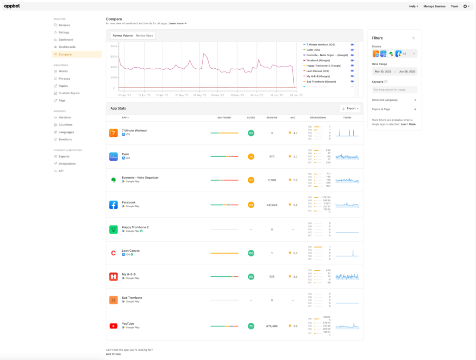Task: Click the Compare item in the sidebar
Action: coord(65,54)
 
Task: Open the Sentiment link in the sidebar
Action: coord(66,40)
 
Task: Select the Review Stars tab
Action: coord(144,35)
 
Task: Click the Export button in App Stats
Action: coord(350,108)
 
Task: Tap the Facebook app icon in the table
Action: coord(113,205)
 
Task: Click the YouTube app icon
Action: coord(113,326)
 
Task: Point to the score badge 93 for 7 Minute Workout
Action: coord(251,133)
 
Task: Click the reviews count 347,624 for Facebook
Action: coord(272,205)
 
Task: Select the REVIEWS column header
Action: coord(272,118)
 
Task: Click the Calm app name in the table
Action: coord(126,154)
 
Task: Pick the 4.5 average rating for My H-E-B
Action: coord(293,277)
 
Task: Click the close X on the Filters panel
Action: coord(413,38)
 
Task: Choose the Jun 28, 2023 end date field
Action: coord(407,72)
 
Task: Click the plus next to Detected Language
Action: coord(415,100)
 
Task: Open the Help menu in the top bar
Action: coord(413,7)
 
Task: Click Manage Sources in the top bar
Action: coord(434,7)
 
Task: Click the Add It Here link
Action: coord(113,354)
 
